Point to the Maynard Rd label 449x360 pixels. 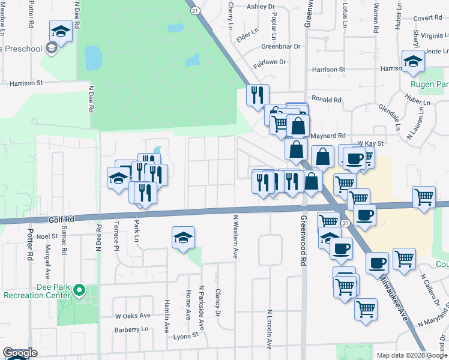tap(328, 136)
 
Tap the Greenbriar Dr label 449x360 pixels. tap(280, 46)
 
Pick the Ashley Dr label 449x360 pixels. tap(261, 7)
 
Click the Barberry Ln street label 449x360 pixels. tap(131, 329)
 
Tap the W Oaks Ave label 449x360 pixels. tap(133, 316)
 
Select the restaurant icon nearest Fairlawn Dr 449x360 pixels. tap(258, 95)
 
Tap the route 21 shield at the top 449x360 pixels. tap(194, 11)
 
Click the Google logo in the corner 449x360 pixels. tap(20, 353)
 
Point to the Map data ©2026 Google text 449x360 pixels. tap(411, 355)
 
